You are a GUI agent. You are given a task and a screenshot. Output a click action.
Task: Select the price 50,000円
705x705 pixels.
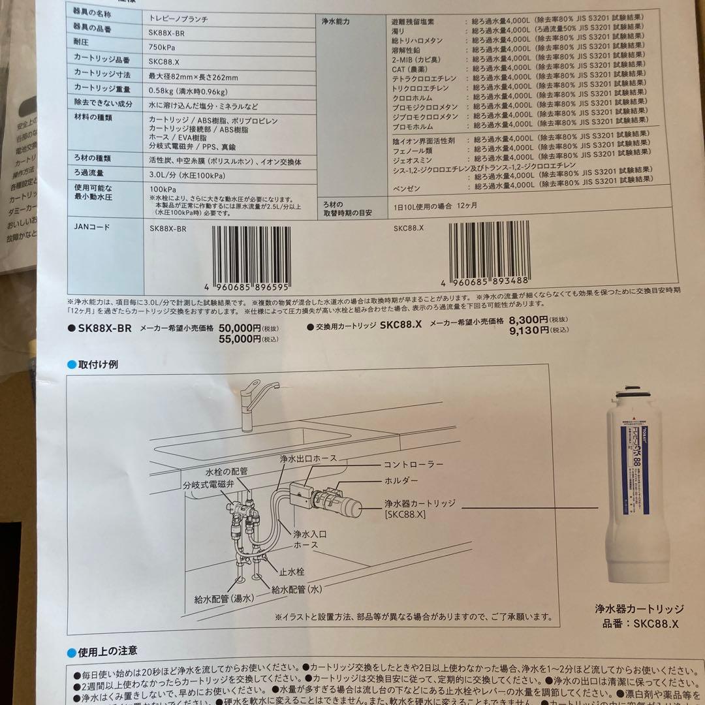point(240,328)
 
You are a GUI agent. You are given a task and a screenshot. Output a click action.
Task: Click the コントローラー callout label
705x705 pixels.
point(414,464)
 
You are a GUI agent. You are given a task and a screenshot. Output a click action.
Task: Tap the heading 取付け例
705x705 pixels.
point(98,364)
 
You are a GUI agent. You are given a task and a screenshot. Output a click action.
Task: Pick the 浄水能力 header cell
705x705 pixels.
point(336,22)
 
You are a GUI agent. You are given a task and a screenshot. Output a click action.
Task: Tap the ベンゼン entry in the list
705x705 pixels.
point(407,186)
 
